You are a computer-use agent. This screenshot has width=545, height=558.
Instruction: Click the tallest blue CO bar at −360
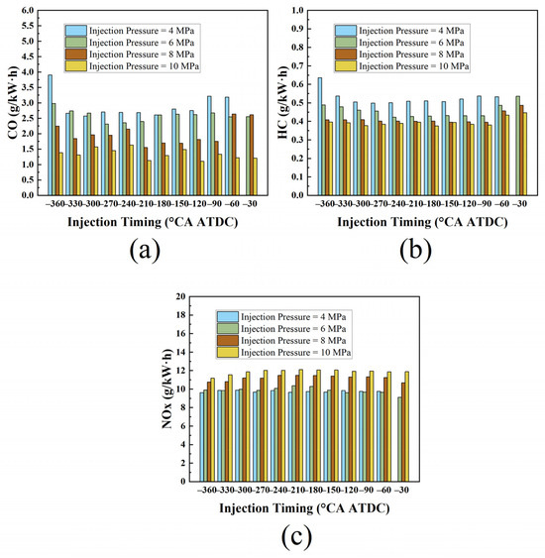(50, 135)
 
